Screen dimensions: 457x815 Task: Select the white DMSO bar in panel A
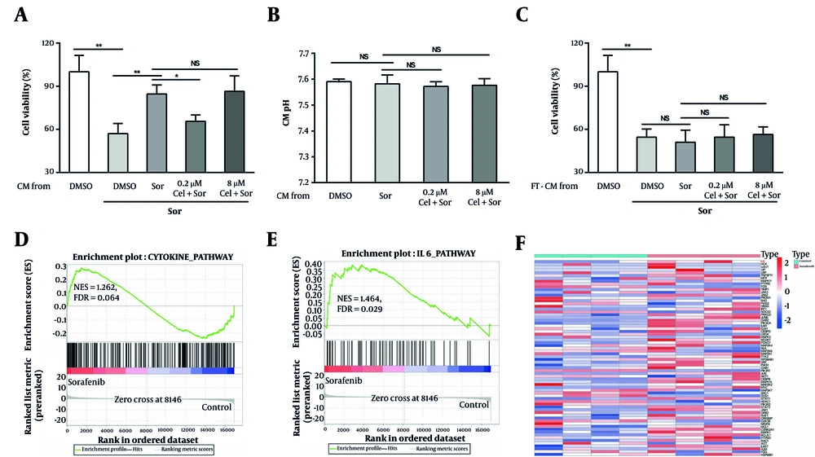coord(78,122)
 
